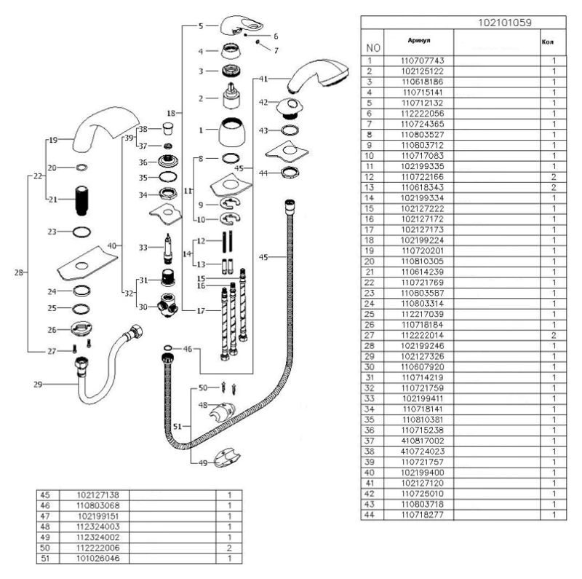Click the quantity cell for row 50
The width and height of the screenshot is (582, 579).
pos(229,547)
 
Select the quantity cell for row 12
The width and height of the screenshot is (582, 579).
pos(554,177)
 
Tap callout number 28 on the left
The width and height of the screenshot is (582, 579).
pos(18,272)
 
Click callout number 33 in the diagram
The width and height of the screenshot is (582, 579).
pos(143,248)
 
